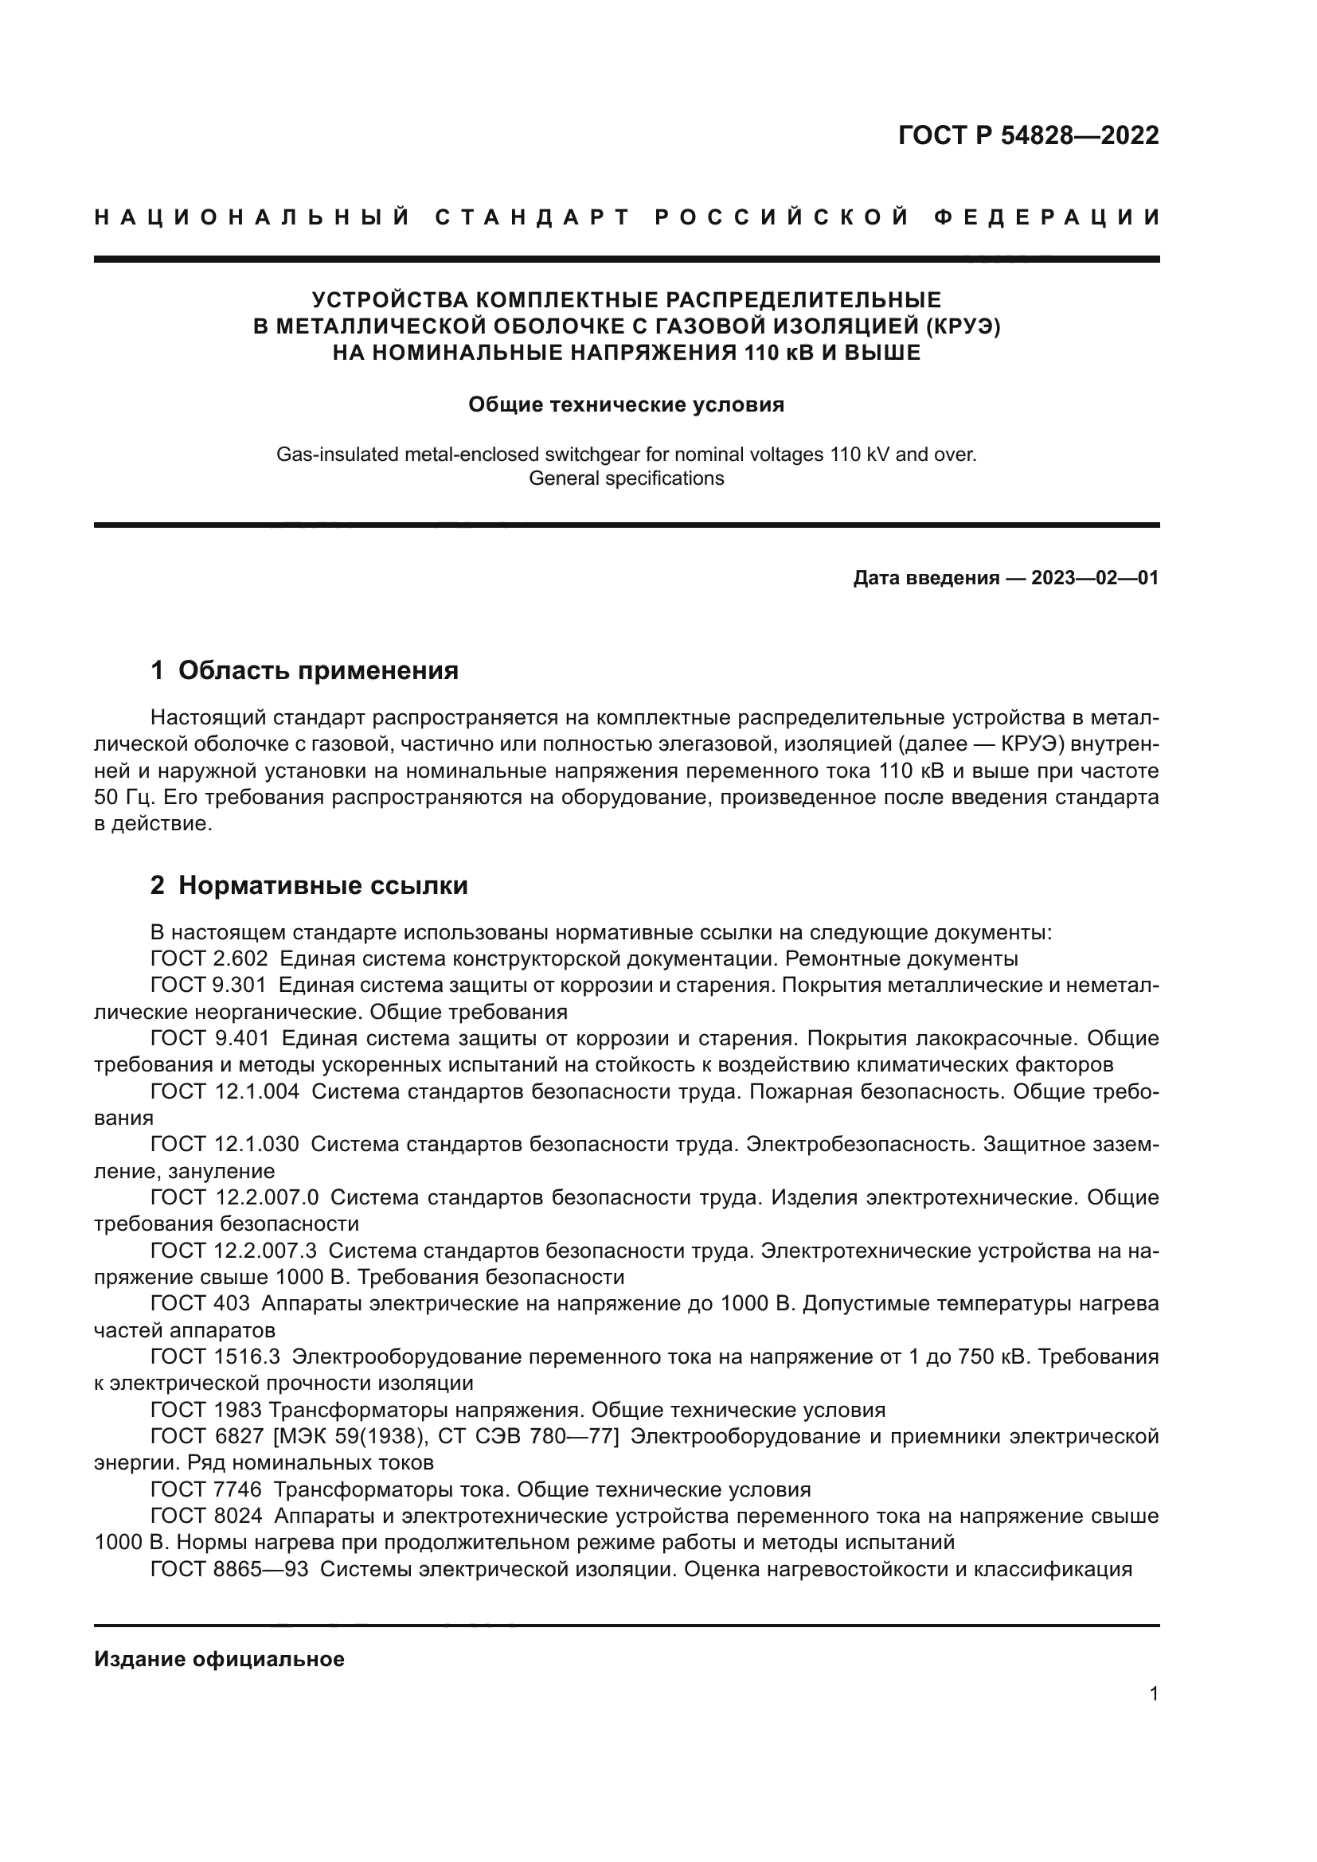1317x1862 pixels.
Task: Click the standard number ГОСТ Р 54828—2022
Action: pos(1028,135)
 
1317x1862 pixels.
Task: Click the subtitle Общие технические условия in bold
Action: pos(626,404)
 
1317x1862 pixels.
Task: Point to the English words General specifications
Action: pos(626,478)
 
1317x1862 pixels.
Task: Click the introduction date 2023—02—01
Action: pos(1095,578)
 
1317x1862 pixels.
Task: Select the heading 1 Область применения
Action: pos(304,670)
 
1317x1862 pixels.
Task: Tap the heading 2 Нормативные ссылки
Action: pos(309,885)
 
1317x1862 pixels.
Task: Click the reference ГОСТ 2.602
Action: pos(209,958)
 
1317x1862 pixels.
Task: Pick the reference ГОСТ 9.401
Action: pos(209,1038)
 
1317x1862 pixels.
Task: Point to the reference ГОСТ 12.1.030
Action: pos(225,1144)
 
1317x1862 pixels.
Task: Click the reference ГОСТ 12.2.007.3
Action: pos(234,1251)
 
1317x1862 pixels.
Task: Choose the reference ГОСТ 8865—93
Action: pos(229,1569)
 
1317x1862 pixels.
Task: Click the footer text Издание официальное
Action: pos(219,1659)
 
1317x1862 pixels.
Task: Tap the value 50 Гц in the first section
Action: pos(123,797)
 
